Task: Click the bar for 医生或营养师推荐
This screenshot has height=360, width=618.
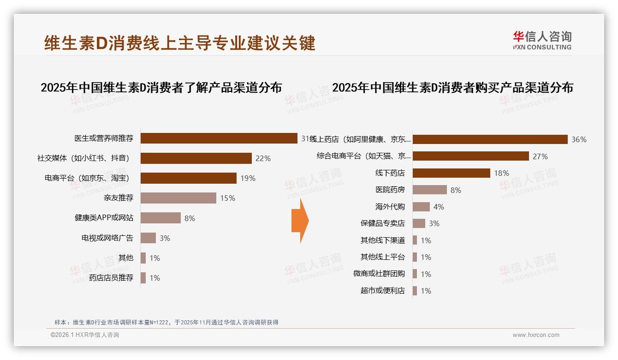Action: pyautogui.click(x=219, y=138)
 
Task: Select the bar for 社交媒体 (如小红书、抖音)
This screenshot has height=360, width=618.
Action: pyautogui.click(x=196, y=158)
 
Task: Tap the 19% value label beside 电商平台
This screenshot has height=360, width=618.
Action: pyautogui.click(x=247, y=178)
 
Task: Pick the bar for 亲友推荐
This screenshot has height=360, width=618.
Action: pyautogui.click(x=178, y=198)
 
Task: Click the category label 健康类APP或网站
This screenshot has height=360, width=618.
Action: pyautogui.click(x=104, y=218)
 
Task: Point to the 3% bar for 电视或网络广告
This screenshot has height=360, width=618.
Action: pyautogui.click(x=148, y=238)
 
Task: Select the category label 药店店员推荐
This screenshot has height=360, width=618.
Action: pyautogui.click(x=111, y=278)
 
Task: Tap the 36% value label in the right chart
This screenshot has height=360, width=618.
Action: pyautogui.click(x=579, y=139)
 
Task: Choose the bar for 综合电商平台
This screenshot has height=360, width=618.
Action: pyautogui.click(x=470, y=156)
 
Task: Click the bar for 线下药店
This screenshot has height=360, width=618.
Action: pyautogui.click(x=451, y=173)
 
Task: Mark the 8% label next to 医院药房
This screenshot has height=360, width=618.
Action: pyautogui.click(x=456, y=190)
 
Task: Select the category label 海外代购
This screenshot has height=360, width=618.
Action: pyautogui.click(x=390, y=207)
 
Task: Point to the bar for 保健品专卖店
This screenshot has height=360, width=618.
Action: pyautogui.click(x=419, y=223)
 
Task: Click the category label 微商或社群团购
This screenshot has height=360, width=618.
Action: pyautogui.click(x=379, y=274)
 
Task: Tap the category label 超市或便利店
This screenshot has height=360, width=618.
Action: pyautogui.click(x=382, y=291)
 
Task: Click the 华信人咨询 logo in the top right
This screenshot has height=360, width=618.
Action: pyautogui.click(x=542, y=41)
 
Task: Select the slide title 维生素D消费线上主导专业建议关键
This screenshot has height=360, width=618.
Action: pyautogui.click(x=180, y=43)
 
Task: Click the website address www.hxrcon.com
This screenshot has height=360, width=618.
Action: pyautogui.click(x=536, y=335)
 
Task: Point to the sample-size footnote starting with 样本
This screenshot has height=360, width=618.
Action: pyautogui.click(x=166, y=322)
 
